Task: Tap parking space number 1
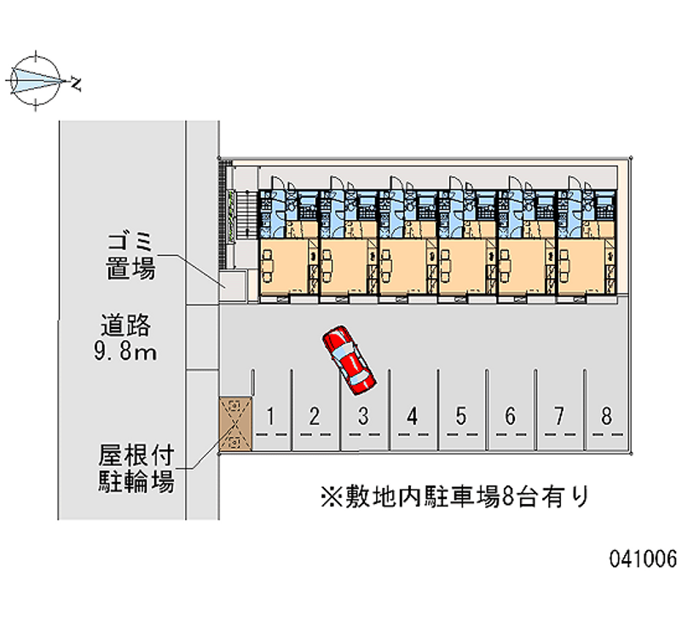click(x=269, y=417)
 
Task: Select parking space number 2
click(x=315, y=417)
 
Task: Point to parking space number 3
click(x=363, y=417)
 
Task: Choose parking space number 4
click(x=413, y=417)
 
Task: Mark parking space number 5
click(x=461, y=417)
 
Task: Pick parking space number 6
click(x=510, y=417)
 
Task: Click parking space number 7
click(x=558, y=417)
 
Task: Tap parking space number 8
click(x=607, y=417)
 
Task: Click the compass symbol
click(x=35, y=82)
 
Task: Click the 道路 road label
click(x=125, y=324)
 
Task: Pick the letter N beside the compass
click(x=77, y=84)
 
